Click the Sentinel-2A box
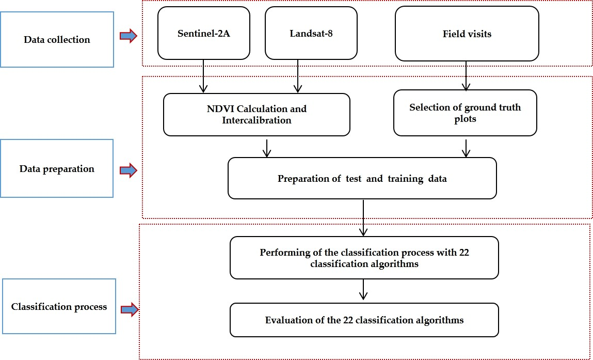point(203,33)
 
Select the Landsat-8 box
point(311,33)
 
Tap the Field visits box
point(467,34)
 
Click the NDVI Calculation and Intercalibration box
point(257,115)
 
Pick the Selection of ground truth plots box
point(465,113)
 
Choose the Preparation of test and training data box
point(362,179)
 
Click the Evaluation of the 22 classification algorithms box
point(364,320)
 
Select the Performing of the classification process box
point(364,258)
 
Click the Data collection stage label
point(57,40)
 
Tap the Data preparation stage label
point(57,168)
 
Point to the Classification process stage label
point(59,307)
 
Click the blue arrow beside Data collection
point(128,36)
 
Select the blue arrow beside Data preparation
point(128,170)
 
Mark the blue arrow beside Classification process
point(130,309)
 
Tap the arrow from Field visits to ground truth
point(467,76)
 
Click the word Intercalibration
point(257,120)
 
